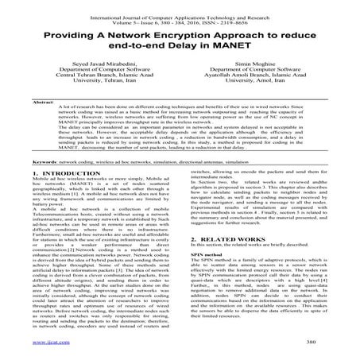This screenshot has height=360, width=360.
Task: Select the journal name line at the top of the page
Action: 180,7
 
